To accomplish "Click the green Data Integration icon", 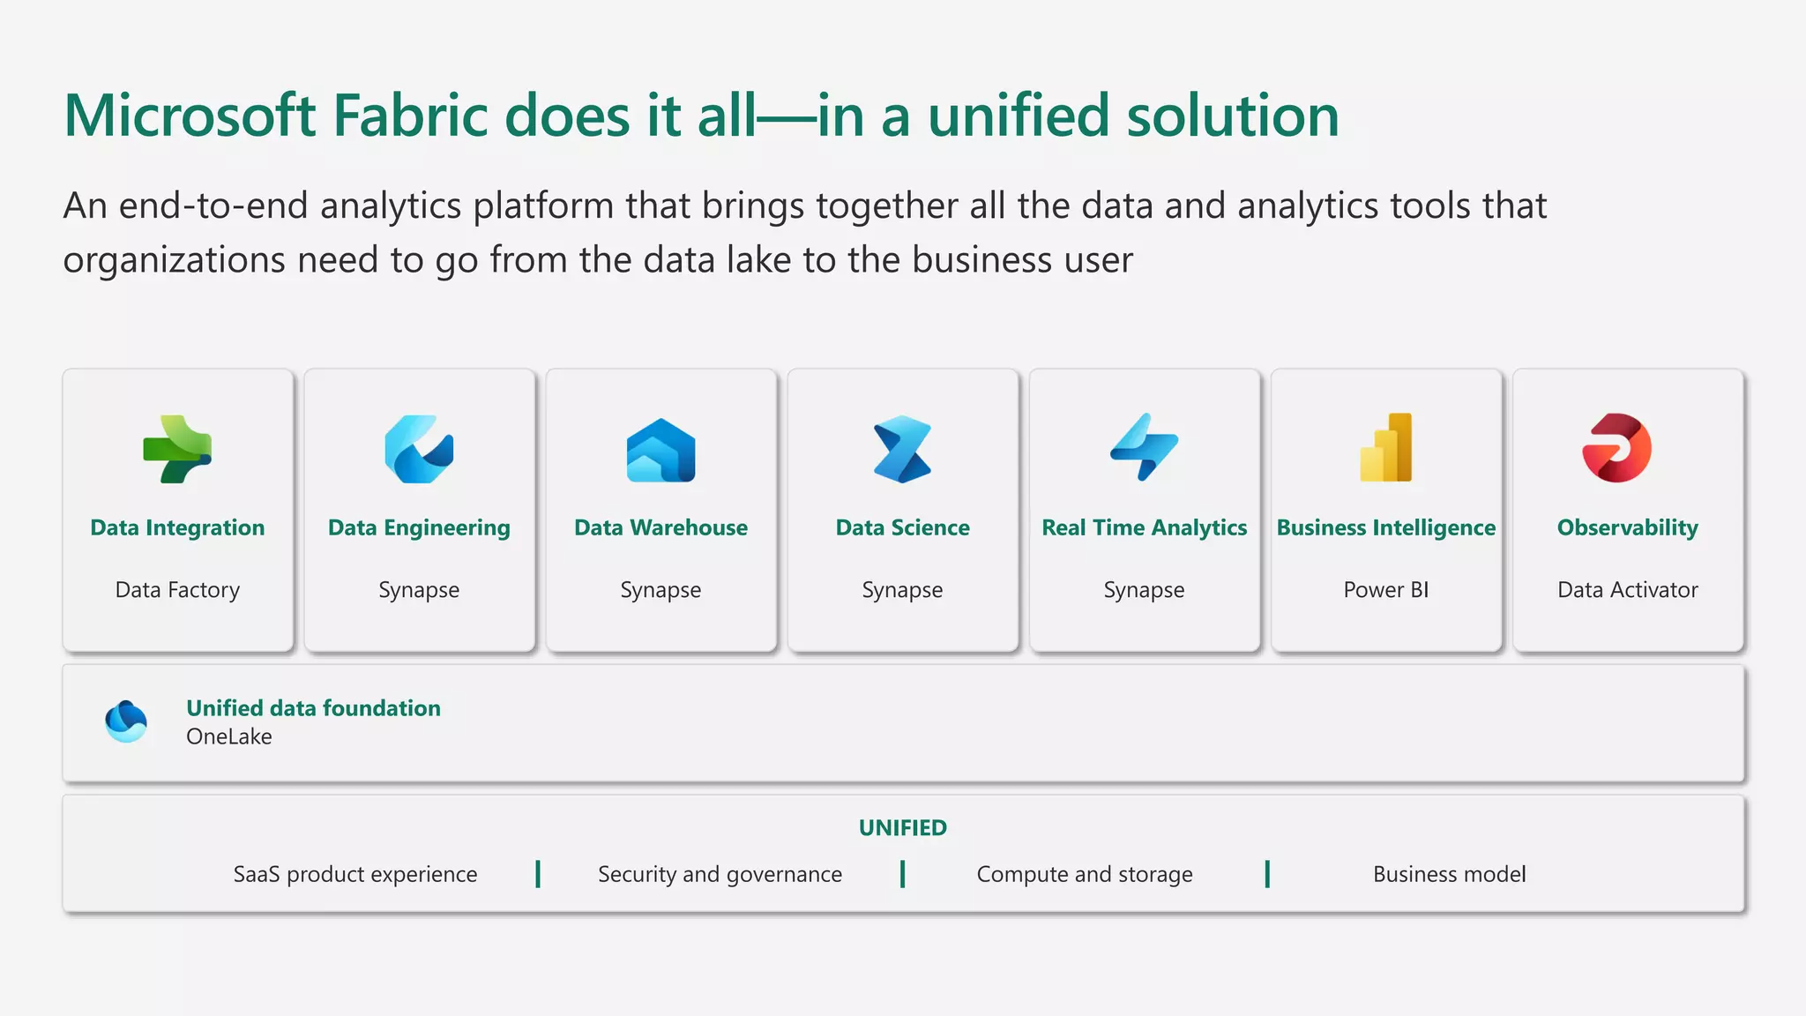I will click(x=177, y=449).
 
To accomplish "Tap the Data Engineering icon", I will click(x=419, y=449).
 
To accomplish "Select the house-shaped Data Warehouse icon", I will click(x=660, y=451).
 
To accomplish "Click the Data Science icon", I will click(x=902, y=449).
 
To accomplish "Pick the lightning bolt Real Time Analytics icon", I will click(x=1144, y=447).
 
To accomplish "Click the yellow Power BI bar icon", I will click(x=1385, y=447).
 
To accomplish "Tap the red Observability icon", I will click(x=1616, y=448).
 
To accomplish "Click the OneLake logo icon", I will click(x=126, y=721).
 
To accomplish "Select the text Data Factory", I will click(x=177, y=589).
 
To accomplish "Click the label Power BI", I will click(x=1385, y=589).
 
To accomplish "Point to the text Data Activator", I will click(x=1627, y=589).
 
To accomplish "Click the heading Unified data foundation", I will click(x=313, y=708).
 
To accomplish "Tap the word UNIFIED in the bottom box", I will click(x=902, y=827).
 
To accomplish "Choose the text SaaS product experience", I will click(x=355, y=874).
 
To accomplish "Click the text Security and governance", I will click(x=720, y=874).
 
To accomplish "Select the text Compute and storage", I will click(x=1084, y=874).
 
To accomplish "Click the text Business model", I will click(x=1449, y=874).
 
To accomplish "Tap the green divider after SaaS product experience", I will click(x=538, y=874).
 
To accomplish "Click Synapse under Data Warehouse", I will click(x=660, y=589).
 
